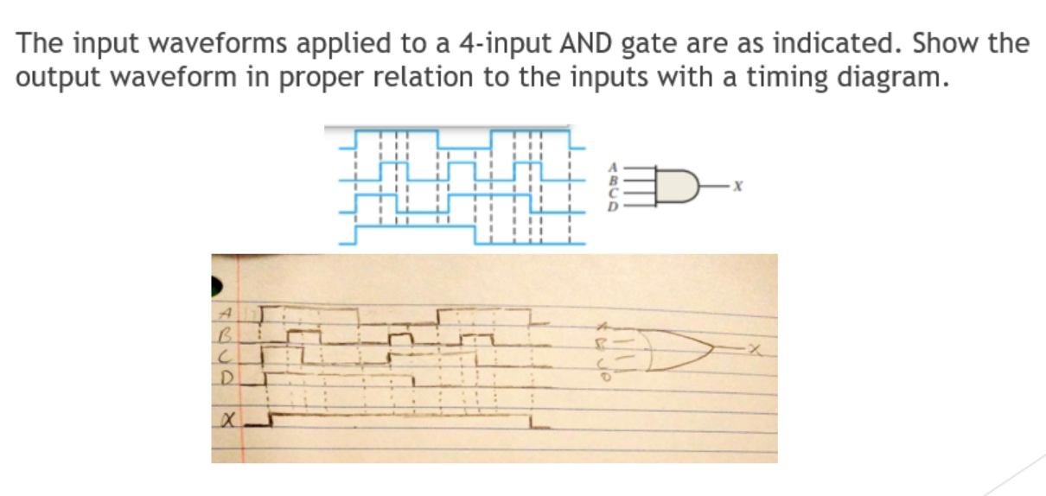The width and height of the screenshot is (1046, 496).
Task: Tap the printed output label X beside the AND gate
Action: (737, 186)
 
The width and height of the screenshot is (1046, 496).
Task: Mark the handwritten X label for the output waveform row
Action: (226, 421)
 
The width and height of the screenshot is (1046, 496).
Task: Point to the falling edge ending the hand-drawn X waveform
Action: (530, 422)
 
